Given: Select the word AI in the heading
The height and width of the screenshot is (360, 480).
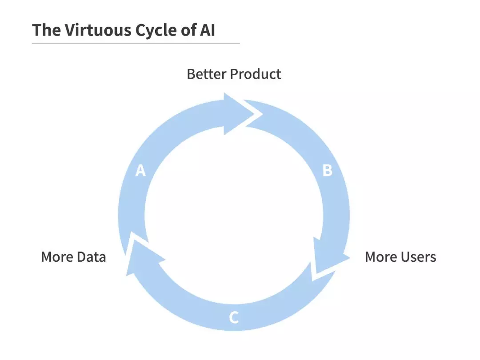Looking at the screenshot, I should click(x=207, y=30).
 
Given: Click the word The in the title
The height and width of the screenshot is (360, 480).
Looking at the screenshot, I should click(x=46, y=30).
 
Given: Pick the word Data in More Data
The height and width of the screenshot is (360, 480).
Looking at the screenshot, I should click(x=91, y=257).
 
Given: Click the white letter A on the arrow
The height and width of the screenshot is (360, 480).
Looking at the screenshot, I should click(x=140, y=170).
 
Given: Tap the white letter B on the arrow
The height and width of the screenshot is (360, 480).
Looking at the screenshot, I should click(x=327, y=170).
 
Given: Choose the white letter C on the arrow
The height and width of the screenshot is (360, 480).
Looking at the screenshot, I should click(x=234, y=318).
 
